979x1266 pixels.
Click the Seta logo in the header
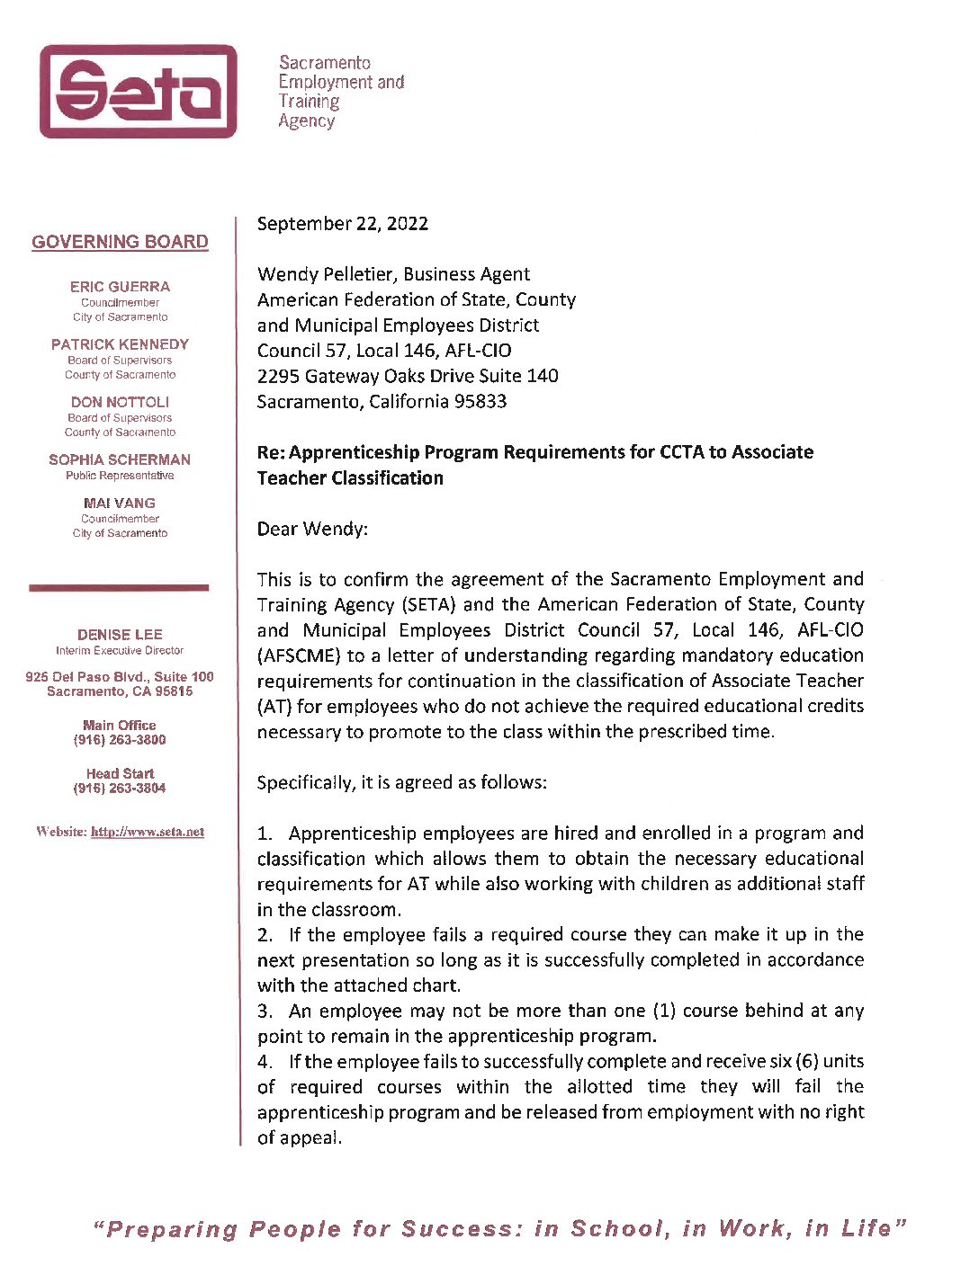[x=138, y=91]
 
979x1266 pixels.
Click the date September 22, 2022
[x=342, y=224]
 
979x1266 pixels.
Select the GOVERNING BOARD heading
[x=120, y=242]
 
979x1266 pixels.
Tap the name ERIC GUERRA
[x=120, y=287]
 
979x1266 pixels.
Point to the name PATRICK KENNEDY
[x=120, y=344]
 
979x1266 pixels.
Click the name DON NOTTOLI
[x=120, y=402]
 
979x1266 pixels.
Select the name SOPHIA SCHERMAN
[x=120, y=459]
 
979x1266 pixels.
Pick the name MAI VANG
[x=120, y=503]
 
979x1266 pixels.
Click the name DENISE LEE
[x=120, y=635]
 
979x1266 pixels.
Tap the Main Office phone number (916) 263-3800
[x=120, y=740]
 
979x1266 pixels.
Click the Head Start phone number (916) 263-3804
[x=120, y=789]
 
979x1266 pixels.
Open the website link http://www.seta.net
[x=148, y=832]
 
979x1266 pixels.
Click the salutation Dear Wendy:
[x=312, y=529]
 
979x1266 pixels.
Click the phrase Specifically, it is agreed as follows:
[x=401, y=782]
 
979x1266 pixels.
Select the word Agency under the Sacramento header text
[x=306, y=121]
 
